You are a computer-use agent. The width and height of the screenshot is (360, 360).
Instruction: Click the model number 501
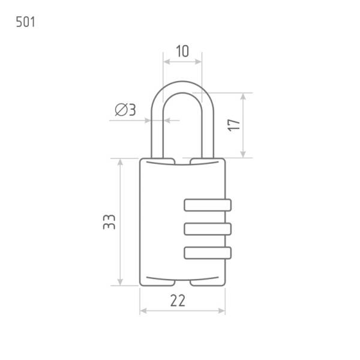[x=25, y=22]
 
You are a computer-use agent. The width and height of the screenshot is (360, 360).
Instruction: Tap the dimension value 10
[x=182, y=51]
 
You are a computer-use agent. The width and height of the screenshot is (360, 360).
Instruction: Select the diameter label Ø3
[x=125, y=110]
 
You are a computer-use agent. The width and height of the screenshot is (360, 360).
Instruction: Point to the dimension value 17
[x=234, y=125]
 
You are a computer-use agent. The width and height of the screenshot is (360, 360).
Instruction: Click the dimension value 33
[x=109, y=222]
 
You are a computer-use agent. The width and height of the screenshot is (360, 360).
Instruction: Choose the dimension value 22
[x=178, y=301]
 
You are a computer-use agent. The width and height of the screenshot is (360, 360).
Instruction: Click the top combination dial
[x=208, y=205]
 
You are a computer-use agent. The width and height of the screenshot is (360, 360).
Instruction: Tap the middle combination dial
[x=208, y=229]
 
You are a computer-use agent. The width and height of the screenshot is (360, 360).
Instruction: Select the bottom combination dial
[x=208, y=253]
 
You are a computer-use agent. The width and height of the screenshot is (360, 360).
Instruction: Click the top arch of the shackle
[x=182, y=87]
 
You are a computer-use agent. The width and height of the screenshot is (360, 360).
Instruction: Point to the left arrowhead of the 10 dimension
[x=167, y=62]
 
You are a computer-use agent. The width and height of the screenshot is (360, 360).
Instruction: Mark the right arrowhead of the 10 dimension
[x=199, y=62]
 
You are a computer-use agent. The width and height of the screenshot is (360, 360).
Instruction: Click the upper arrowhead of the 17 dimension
[x=243, y=97]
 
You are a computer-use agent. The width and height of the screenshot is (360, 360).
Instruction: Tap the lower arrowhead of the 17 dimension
[x=243, y=154]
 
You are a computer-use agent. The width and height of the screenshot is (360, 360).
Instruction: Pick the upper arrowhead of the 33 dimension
[x=120, y=163]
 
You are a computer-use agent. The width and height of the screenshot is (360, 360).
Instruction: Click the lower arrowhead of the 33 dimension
[x=120, y=282]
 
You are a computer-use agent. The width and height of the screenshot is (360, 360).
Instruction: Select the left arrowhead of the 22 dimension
[x=144, y=311]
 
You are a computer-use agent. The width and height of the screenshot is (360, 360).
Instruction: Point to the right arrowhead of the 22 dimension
[x=221, y=311]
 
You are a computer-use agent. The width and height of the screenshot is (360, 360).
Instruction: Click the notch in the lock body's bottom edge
[x=182, y=283]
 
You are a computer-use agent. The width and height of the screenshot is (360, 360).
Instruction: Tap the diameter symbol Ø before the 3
[x=121, y=110]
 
